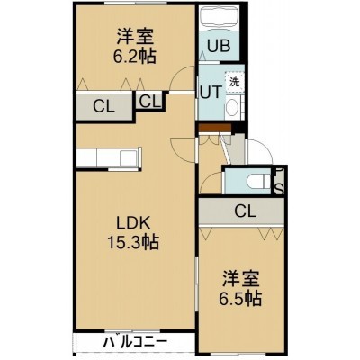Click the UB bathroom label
coord(220,46)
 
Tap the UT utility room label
coord(211,93)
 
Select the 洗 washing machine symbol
coord(235,82)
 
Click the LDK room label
coord(132,223)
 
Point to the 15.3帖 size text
coord(133,242)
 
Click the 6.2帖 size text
coord(134,56)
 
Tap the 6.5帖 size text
coord(239,298)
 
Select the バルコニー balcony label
coord(135,342)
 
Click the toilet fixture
coord(258,182)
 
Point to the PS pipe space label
coord(279,181)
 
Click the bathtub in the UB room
coord(220,17)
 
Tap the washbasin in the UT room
coord(232,106)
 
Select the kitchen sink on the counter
coord(129,157)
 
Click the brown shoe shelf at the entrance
coord(215,128)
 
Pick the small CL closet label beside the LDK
coord(150,102)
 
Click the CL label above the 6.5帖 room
coord(246,211)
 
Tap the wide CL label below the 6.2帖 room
coord(103,107)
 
